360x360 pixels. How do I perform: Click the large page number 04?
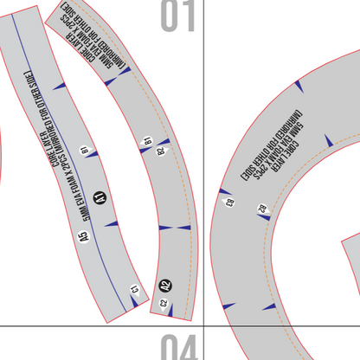pos(177,346)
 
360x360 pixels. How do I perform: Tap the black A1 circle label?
pos(99,198)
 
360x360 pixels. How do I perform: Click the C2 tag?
pos(164,303)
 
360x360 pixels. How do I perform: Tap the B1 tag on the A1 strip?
pos(85,150)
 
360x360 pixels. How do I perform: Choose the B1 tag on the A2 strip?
pos(148,140)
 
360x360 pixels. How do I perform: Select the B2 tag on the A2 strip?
pos(160,151)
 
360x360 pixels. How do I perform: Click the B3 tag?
pos(230,202)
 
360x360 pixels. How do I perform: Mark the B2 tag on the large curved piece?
pos(261,208)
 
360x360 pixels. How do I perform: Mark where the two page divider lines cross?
pos(202,325)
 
